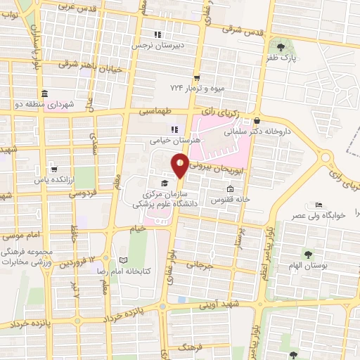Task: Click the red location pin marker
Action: coord(181,165)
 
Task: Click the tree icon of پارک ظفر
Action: coord(281,47)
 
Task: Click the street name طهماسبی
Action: coord(154,111)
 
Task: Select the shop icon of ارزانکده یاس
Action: coord(53,169)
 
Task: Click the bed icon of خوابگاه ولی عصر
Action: coord(319,205)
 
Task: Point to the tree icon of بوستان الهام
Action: coord(307,252)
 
